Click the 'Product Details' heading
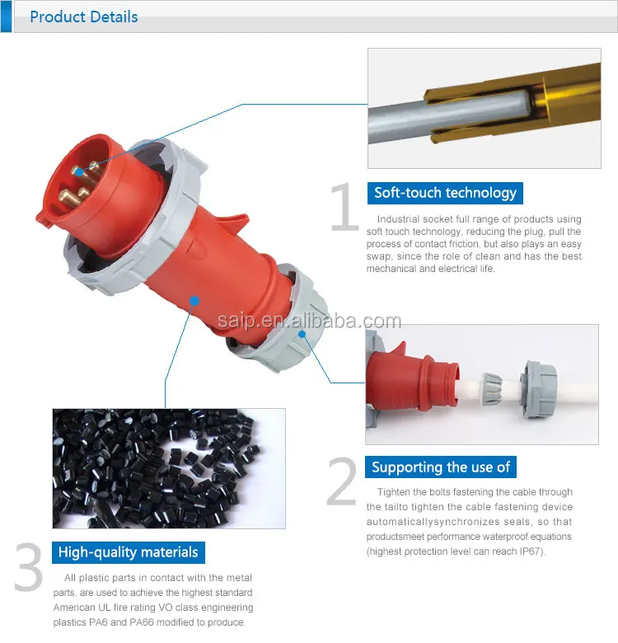point(83,16)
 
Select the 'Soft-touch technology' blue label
point(445,193)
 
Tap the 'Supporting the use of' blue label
point(441,467)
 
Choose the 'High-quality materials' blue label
point(128,552)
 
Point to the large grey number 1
point(344,209)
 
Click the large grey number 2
point(342,482)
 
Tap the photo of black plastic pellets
point(169,467)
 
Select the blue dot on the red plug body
point(193,302)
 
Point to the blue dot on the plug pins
point(77,171)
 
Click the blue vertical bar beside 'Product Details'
point(6,16)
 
